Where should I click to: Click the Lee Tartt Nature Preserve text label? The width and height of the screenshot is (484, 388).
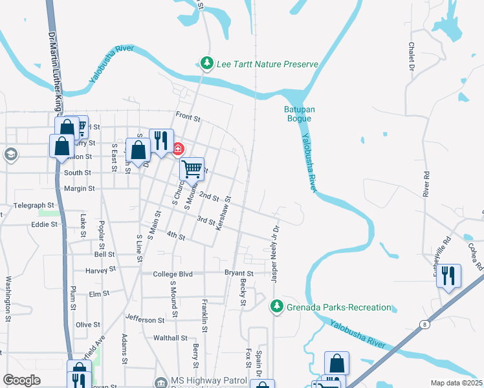[267, 63]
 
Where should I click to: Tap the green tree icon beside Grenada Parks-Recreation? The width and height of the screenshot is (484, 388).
[277, 305]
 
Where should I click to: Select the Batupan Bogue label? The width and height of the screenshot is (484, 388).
[300, 114]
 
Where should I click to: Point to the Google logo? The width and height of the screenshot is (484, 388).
[22, 380]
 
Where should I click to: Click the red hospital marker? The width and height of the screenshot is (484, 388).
[177, 149]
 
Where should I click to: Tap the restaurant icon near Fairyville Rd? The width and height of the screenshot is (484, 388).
[448, 275]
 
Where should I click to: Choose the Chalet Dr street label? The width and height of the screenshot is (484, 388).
[411, 56]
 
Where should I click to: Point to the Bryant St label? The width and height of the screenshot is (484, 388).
[238, 274]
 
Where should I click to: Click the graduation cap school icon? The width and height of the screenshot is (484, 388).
[10, 154]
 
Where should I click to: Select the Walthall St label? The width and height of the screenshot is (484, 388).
[170, 338]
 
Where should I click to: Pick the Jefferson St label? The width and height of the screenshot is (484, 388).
[145, 319]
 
